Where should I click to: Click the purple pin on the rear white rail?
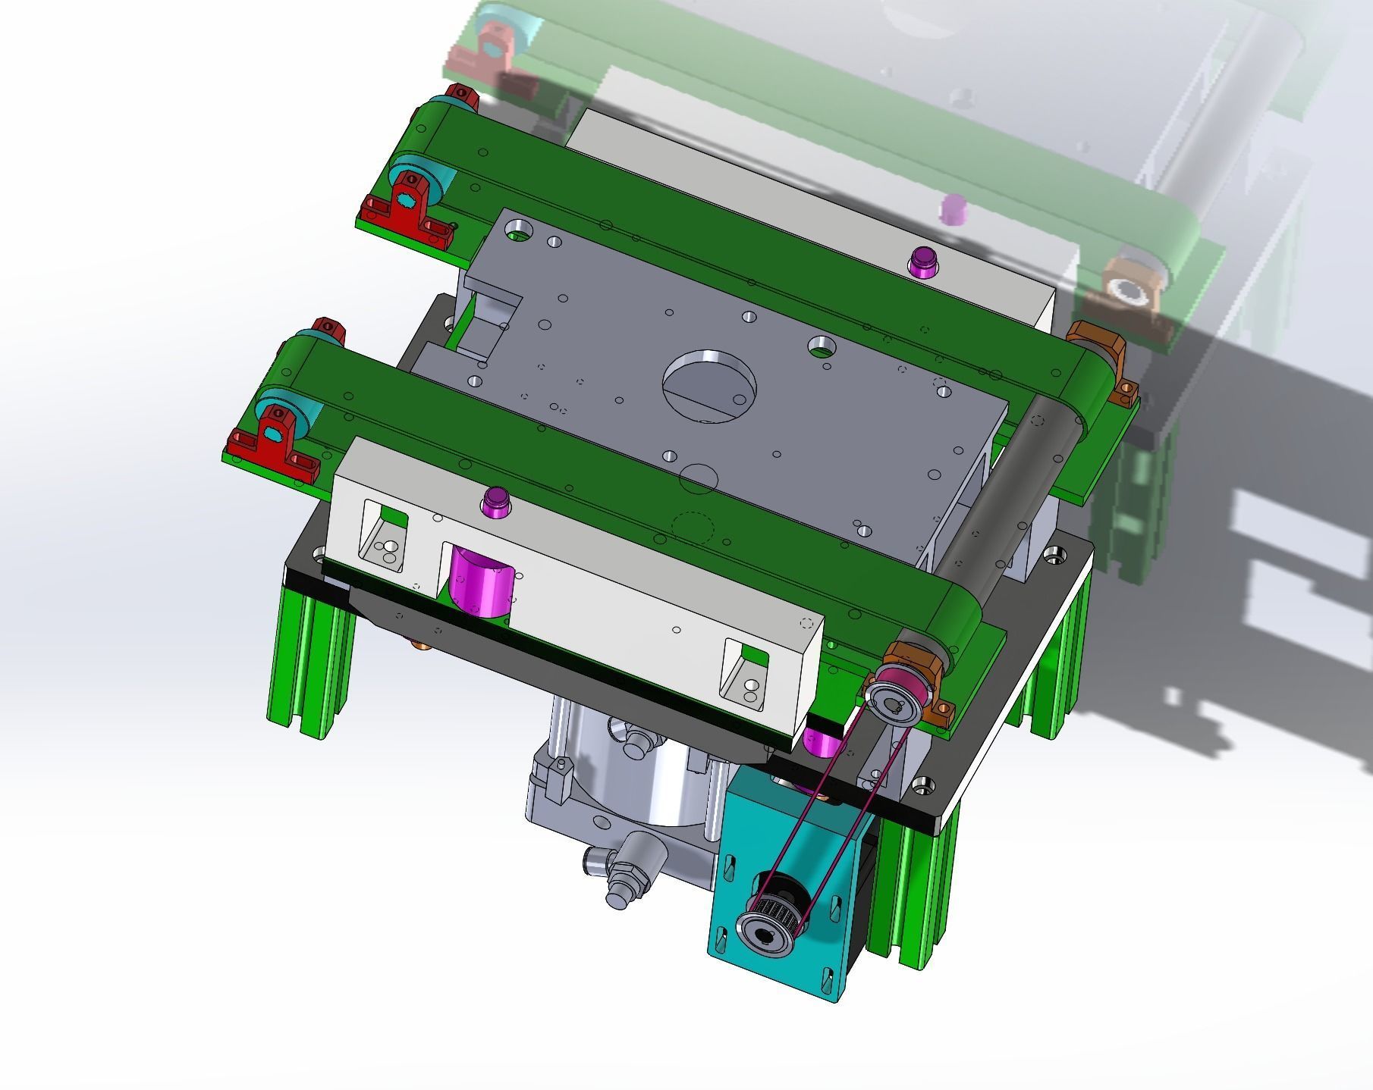[922, 262]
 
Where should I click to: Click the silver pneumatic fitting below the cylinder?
[630, 872]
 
